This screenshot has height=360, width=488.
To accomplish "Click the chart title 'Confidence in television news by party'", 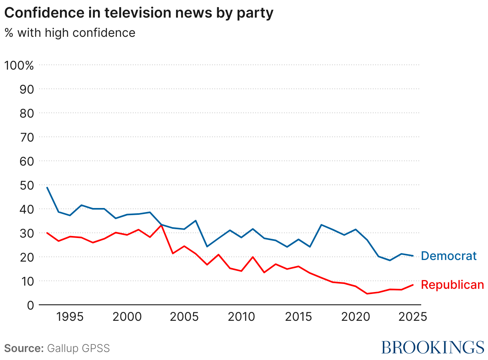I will click(139, 13).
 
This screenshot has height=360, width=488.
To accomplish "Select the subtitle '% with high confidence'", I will click(70, 32).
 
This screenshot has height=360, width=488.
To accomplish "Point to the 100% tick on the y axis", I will click(19, 65).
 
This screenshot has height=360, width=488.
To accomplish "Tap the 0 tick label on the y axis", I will click(30, 305).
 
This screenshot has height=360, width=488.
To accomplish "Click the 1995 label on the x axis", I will click(70, 317).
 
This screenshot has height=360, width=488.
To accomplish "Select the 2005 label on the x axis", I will click(184, 317).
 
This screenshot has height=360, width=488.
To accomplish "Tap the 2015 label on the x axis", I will click(298, 317).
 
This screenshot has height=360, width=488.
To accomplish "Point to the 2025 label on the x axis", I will click(413, 317).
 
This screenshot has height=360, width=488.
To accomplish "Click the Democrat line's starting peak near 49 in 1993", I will click(47, 187).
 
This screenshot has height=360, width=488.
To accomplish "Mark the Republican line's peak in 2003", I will click(161, 225).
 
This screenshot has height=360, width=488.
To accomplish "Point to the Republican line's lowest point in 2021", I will click(367, 294).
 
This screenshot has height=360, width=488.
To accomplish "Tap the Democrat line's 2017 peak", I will click(321, 225).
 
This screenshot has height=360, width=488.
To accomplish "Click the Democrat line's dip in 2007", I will click(207, 246).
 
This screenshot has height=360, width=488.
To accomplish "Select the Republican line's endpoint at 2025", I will click(413, 285).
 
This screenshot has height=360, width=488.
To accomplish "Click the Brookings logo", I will click(432, 347).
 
